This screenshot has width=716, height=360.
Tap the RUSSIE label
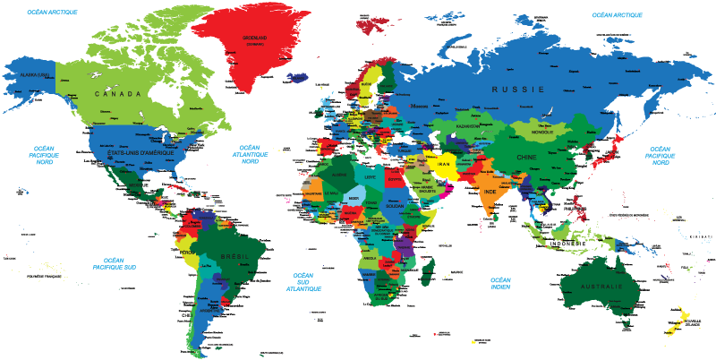click(517, 90)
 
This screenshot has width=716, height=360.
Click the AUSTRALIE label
click(601, 286)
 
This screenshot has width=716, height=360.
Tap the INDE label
click(490, 192)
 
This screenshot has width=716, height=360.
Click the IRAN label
click(443, 165)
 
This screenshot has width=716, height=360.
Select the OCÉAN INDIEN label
click(500, 282)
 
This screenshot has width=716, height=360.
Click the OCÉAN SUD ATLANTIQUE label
click(303, 283)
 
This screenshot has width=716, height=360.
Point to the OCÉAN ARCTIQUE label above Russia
click(617, 15)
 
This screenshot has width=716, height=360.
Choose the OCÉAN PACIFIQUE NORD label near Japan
click(660, 155)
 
